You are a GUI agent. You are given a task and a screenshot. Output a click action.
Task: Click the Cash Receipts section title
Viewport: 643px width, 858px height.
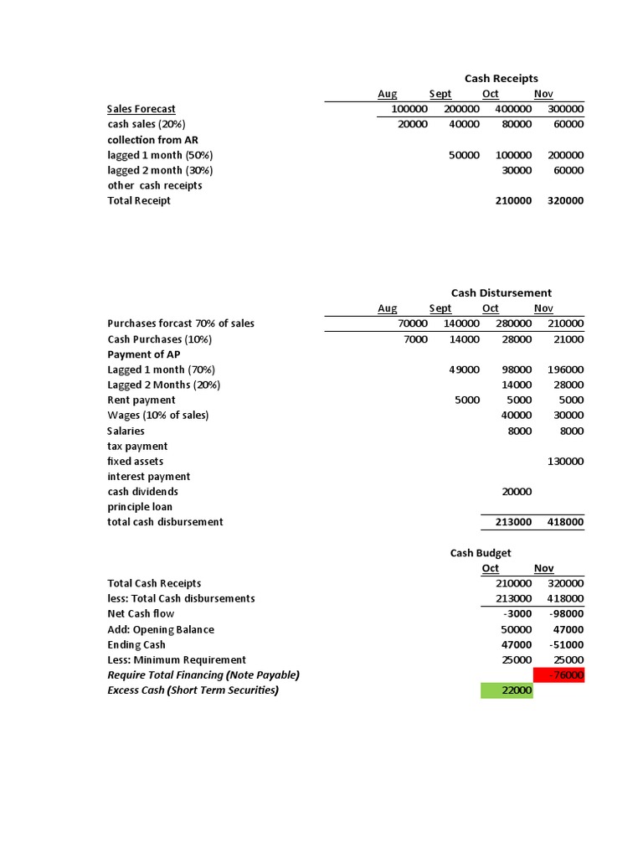(502, 79)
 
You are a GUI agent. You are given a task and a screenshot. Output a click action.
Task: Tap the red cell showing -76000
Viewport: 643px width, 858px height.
(558, 675)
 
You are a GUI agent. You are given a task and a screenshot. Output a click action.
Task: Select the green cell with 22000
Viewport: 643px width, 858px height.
(507, 690)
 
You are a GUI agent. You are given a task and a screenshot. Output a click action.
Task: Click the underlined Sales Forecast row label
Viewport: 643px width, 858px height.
(141, 109)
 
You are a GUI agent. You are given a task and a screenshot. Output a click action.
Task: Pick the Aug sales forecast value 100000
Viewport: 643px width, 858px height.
(409, 109)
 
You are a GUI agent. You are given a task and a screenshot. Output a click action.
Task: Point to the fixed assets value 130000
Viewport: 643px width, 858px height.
(565, 462)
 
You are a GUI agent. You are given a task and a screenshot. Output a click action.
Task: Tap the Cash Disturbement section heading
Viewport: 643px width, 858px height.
(501, 293)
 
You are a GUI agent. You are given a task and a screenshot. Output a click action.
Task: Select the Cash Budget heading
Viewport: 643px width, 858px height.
(481, 553)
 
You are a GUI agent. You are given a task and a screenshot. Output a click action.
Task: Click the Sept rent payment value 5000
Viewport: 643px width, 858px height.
(466, 401)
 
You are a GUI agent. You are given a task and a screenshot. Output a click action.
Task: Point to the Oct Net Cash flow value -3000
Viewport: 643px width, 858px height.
(514, 614)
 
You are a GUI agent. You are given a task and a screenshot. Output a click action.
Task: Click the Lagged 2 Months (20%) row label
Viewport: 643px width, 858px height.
(163, 385)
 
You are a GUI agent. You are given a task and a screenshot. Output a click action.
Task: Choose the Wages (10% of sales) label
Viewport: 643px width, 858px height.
(157, 416)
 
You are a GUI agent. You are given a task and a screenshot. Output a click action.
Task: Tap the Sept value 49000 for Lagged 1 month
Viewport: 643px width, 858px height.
(464, 370)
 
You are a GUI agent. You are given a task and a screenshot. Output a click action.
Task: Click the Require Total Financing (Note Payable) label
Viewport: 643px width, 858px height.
(203, 675)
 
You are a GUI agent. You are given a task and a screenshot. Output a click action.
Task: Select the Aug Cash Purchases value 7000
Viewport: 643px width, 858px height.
(414, 339)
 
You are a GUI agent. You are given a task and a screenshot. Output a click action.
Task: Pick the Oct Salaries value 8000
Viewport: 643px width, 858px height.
(519, 432)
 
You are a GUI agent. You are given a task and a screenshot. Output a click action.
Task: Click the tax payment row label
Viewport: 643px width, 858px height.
(137, 447)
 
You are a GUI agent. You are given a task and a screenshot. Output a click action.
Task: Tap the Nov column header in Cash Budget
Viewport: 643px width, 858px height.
(543, 569)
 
